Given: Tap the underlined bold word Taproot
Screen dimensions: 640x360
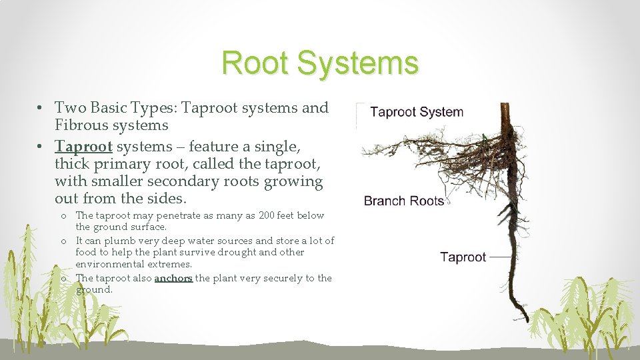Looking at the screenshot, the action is (83, 147).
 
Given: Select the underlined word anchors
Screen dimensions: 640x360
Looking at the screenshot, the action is (173, 279).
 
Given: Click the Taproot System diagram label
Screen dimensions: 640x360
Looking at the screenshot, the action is (417, 112).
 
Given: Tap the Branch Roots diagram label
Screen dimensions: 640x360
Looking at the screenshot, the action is (404, 201).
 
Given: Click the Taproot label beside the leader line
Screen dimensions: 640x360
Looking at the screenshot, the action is (463, 257).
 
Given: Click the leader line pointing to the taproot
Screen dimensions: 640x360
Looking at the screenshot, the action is (501, 257).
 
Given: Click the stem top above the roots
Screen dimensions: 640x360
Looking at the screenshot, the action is (505, 105).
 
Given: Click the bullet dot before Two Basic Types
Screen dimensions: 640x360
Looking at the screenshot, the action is (39, 108).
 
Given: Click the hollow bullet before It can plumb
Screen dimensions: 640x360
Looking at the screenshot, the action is (64, 241).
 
